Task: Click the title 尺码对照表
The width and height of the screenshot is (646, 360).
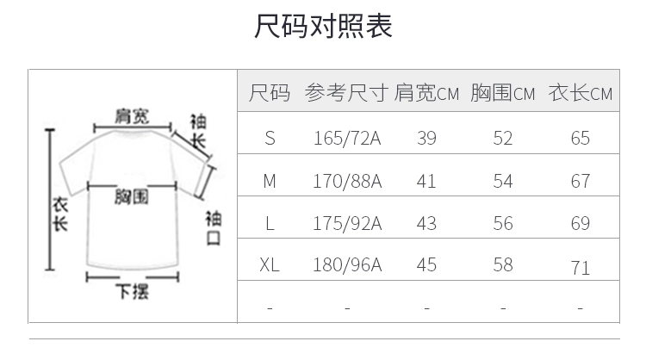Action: click(x=323, y=26)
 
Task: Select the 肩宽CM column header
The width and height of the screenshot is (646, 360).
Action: click(x=426, y=93)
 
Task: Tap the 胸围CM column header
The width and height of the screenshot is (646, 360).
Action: click(x=503, y=93)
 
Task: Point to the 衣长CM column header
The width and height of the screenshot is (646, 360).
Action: click(x=580, y=93)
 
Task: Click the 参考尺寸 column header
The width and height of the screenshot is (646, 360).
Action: click(x=346, y=93)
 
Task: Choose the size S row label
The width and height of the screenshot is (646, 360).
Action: click(x=270, y=138)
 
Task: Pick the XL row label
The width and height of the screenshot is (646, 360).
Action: click(x=270, y=264)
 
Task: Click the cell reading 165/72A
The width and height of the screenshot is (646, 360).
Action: click(x=347, y=138)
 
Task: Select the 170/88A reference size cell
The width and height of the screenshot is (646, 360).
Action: click(x=347, y=181)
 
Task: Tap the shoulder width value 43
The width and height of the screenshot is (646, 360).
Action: click(x=426, y=223)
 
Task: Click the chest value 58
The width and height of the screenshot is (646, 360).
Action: click(x=503, y=264)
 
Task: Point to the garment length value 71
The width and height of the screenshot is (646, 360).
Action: click(x=581, y=268)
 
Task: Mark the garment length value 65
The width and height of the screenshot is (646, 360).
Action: click(x=580, y=138)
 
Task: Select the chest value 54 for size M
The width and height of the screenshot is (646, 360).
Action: click(x=503, y=181)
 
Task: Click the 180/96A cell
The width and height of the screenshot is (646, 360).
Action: click(x=347, y=264)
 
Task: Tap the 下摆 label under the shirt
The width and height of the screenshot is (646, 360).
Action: click(x=132, y=291)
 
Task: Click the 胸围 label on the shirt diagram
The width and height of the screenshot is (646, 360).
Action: click(x=132, y=197)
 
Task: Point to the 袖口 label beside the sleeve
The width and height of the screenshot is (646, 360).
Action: click(x=214, y=227)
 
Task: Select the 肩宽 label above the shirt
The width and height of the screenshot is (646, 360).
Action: click(x=132, y=116)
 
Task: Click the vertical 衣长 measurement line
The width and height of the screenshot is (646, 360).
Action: click(x=50, y=200)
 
